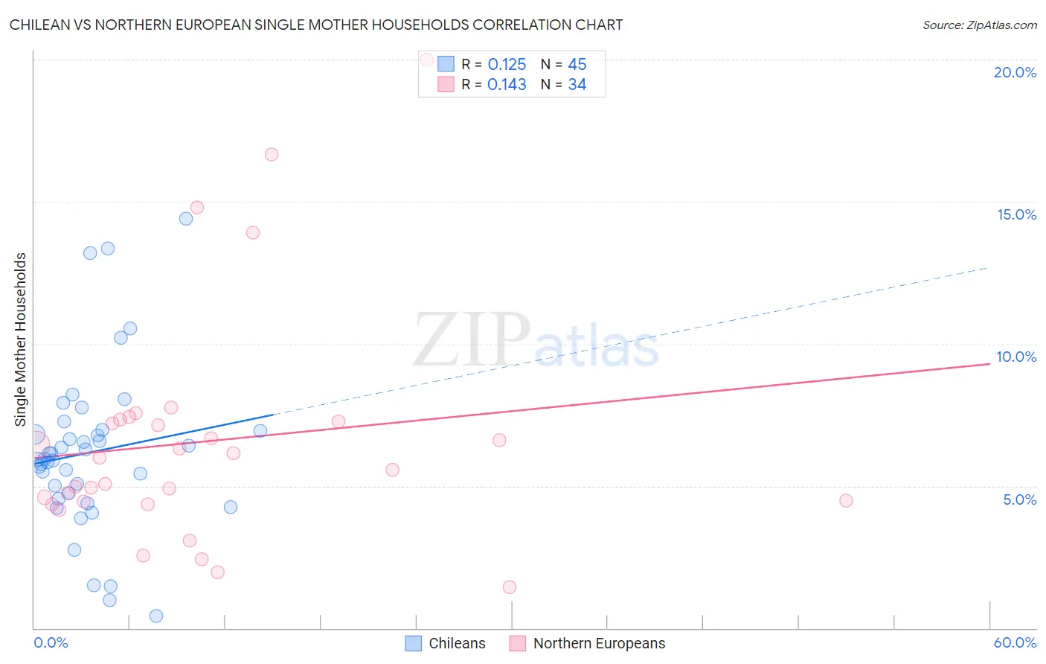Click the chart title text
click(316, 25)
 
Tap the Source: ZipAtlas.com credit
click(979, 25)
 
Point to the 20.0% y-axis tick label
click(1015, 72)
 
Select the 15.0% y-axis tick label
click(1016, 214)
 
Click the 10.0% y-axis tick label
click(1016, 357)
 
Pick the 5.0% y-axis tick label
click(1019, 499)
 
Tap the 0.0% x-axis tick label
click(51, 642)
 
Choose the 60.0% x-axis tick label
click(1015, 642)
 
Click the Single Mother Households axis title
click(21, 339)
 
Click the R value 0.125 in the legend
click(507, 65)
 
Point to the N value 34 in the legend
click(577, 85)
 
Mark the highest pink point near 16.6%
click(272, 155)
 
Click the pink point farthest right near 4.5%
click(846, 500)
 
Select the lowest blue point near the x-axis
click(156, 616)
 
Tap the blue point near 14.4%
click(186, 219)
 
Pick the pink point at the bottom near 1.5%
click(510, 587)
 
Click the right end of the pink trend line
click(989, 363)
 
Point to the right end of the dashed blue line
click(987, 267)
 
